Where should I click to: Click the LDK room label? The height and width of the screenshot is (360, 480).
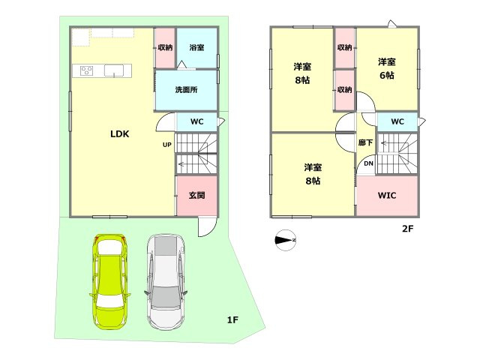pyautogui.click(x=120, y=133)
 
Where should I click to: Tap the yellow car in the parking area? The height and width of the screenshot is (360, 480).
pyautogui.click(x=110, y=282)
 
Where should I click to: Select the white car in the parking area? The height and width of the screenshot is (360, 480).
pyautogui.click(x=166, y=282)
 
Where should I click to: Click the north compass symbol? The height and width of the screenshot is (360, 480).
pyautogui.click(x=286, y=240)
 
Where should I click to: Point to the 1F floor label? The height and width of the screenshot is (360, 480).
pyautogui.click(x=232, y=320)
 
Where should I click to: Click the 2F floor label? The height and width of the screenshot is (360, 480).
pyautogui.click(x=408, y=228)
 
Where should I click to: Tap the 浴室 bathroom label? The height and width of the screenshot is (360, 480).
pyautogui.click(x=196, y=47)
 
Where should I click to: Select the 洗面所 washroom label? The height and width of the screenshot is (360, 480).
pyautogui.click(x=186, y=90)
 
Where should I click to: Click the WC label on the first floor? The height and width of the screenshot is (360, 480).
pyautogui.click(x=196, y=121)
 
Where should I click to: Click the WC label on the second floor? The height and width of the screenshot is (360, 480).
pyautogui.click(x=397, y=121)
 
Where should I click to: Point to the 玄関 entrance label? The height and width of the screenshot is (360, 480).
pyautogui.click(x=196, y=195)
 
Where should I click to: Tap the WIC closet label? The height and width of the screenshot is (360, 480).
pyautogui.click(x=387, y=195)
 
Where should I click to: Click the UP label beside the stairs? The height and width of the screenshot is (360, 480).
pyautogui.click(x=166, y=145)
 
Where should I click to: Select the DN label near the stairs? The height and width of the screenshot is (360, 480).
pyautogui.click(x=368, y=163)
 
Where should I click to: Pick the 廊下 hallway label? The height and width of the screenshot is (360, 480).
pyautogui.click(x=365, y=142)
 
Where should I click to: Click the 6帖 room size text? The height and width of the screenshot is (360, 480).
pyautogui.click(x=387, y=75)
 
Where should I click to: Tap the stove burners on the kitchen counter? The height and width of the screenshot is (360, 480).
pyautogui.click(x=87, y=70)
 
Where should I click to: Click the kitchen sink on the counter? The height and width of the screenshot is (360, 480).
pyautogui.click(x=114, y=70)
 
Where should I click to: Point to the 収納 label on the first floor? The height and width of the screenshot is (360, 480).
pyautogui.click(x=165, y=47)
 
